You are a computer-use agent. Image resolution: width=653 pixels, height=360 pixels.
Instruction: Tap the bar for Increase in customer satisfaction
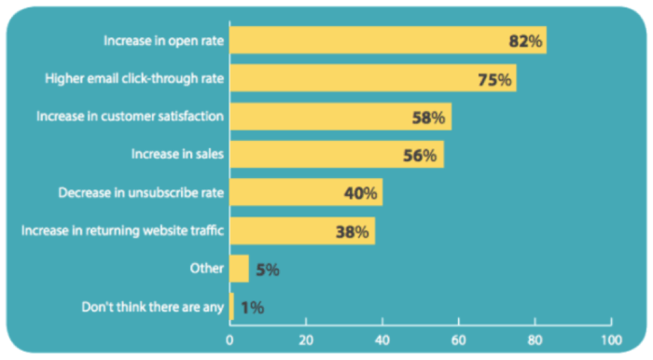pyautogui.click(x=317, y=118)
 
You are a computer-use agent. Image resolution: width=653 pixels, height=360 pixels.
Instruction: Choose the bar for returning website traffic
pyautogui.click(x=280, y=231)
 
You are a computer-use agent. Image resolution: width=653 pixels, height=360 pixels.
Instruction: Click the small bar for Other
pyautogui.click(x=239, y=269)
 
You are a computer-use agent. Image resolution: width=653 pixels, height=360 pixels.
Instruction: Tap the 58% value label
pyautogui.click(x=430, y=118)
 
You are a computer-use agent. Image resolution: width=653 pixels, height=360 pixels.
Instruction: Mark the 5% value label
pyautogui.click(x=267, y=270)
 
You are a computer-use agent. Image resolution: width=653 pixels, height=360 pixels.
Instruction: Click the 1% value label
pyautogui.click(x=252, y=308)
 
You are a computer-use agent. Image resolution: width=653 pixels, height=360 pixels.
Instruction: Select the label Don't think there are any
pyautogui.click(x=152, y=306)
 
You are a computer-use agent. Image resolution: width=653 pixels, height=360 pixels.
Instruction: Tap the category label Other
pyautogui.click(x=207, y=269)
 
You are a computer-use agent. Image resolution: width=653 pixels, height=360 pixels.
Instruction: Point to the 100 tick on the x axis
pyautogui.click(x=610, y=340)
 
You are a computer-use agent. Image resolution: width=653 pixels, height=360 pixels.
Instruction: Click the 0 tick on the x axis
pyautogui.click(x=229, y=340)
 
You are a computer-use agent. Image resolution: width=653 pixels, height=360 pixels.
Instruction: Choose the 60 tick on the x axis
pyautogui.click(x=458, y=340)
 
